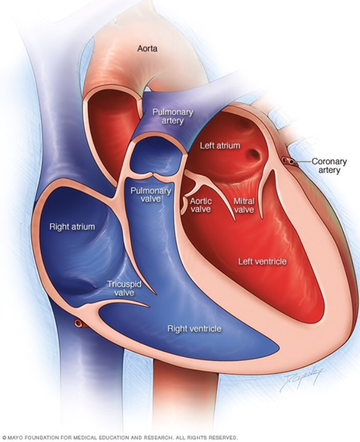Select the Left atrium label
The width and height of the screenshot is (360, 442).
(x=219, y=145)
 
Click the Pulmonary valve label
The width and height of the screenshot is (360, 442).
(x=150, y=194)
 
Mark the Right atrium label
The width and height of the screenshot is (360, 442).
(x=72, y=227)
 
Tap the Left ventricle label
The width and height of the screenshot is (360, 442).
(x=262, y=261)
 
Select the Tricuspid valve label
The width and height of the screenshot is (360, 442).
(x=124, y=288)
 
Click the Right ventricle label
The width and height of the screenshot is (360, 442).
(x=194, y=328)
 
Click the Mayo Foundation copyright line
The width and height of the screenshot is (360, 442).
(x=120, y=438)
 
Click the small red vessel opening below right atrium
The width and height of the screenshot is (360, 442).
(x=78, y=324)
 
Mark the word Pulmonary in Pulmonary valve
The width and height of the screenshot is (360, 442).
(x=150, y=190)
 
